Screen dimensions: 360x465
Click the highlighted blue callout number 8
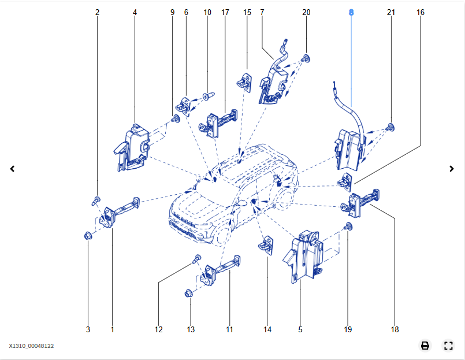[x=351, y=12]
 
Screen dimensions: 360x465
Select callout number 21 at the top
[x=391, y=12]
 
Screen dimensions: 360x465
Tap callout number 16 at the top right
[x=420, y=12]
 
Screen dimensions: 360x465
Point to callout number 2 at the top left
[x=97, y=12]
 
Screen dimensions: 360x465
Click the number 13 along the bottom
[x=191, y=330]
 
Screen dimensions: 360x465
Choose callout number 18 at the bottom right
[x=395, y=330]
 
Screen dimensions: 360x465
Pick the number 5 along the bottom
[x=300, y=330]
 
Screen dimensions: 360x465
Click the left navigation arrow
[x=12, y=169]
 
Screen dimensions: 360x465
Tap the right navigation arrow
[x=452, y=169]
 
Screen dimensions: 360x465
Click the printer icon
[x=425, y=346]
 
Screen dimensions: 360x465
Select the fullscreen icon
[x=448, y=346]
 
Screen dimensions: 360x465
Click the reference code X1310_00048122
[x=31, y=346]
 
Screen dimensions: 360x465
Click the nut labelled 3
[x=88, y=236]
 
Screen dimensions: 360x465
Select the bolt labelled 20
[x=307, y=58]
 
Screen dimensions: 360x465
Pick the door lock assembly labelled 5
[x=305, y=257]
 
